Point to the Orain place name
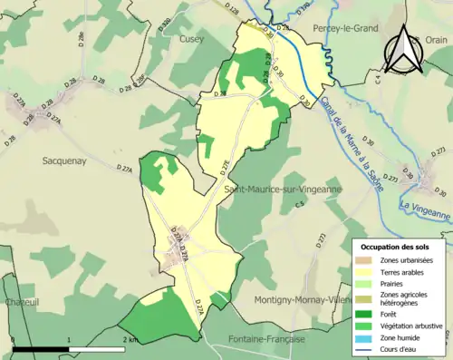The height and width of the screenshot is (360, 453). (436, 39)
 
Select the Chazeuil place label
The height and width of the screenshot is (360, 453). (21, 302)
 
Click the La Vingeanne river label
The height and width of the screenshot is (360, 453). (424, 210)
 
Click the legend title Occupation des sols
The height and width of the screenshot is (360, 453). (395, 246)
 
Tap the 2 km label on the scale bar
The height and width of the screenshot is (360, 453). (130, 339)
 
